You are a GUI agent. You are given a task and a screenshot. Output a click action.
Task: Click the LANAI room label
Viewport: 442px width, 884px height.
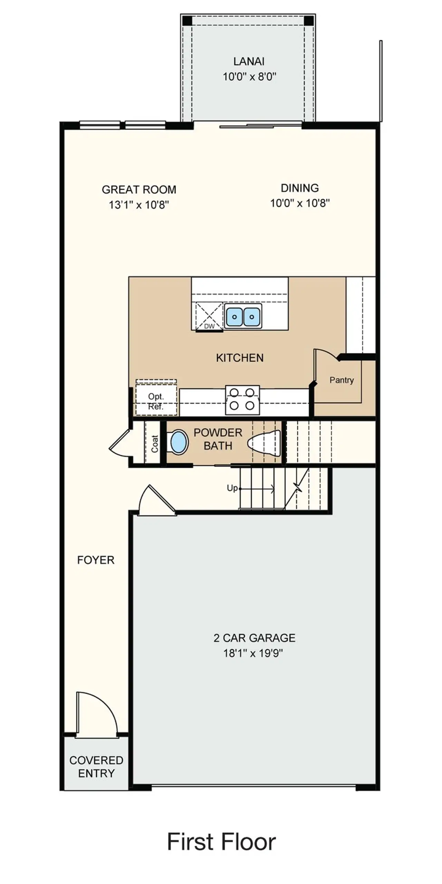[249, 61]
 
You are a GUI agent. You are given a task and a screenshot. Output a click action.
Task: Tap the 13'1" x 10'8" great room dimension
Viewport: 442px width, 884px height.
[139, 205]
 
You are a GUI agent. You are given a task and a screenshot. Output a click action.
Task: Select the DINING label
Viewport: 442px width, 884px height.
[299, 188]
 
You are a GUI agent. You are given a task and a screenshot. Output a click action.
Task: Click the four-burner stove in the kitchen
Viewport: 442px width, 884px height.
[242, 400]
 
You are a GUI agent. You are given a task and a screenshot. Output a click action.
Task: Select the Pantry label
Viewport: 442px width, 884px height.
[341, 380]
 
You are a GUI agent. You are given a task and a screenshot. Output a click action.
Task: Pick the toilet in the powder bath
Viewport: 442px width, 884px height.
[265, 443]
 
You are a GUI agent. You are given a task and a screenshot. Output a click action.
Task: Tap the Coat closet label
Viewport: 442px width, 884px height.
[154, 444]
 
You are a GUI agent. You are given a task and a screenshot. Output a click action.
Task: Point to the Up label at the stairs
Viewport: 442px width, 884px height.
[232, 488]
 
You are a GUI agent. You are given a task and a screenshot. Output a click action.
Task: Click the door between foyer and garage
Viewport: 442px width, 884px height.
[156, 502]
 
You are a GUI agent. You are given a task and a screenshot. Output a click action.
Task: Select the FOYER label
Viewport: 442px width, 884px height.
[96, 560]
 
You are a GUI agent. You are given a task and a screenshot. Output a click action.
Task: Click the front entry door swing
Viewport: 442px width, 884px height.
[97, 715]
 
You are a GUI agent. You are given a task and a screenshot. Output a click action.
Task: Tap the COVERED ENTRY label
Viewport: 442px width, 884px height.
[96, 767]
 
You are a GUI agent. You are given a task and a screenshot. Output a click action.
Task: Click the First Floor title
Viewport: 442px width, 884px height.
[221, 842]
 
